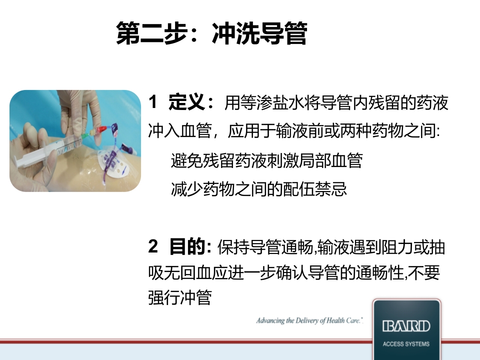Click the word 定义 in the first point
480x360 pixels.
click(185, 103)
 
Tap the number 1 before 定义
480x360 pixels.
click(153, 103)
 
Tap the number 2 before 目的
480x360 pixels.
click(153, 246)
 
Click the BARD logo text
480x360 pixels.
click(406, 327)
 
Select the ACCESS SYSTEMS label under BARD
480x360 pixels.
click(406, 344)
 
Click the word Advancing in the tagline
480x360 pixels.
click(270, 320)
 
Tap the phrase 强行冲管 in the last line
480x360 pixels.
click(180, 298)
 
